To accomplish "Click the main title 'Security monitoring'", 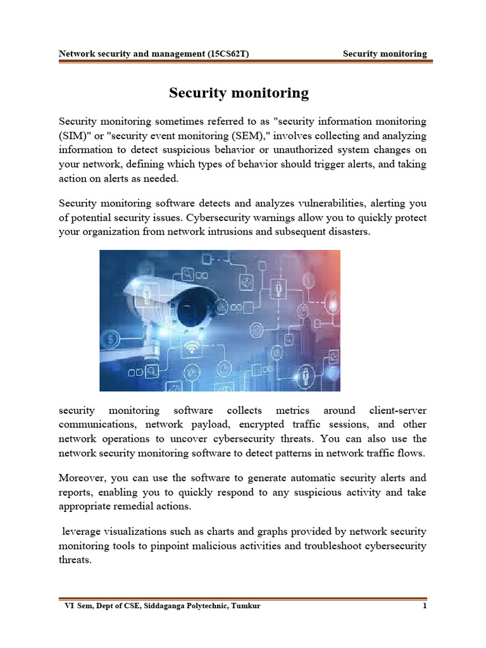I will point(239,93).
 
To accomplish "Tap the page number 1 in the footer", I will point(425,606).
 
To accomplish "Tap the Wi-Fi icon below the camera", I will point(192,347).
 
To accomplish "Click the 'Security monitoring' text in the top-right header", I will point(385,54).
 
